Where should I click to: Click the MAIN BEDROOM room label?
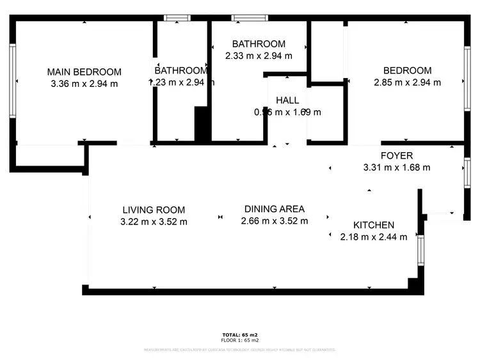click(x=84, y=71)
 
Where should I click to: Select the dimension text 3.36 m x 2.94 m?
click(x=84, y=83)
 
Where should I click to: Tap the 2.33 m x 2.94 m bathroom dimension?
click(x=259, y=56)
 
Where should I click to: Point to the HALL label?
click(x=287, y=100)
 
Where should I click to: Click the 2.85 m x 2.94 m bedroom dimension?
click(x=407, y=82)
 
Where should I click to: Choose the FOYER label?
click(x=397, y=155)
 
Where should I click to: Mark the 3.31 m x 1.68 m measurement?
click(x=397, y=168)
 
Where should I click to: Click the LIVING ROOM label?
click(x=154, y=210)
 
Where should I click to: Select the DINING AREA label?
click(x=275, y=209)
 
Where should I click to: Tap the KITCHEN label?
click(x=374, y=225)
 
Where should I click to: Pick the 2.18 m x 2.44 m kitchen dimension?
click(x=373, y=237)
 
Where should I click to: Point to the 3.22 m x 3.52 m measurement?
click(x=154, y=222)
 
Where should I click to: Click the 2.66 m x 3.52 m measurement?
click(x=275, y=221)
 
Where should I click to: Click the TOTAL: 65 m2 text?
click(x=240, y=335)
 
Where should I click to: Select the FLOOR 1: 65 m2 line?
click(x=240, y=341)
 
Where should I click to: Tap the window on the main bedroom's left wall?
click(x=12, y=81)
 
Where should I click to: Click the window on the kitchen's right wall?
click(x=420, y=250)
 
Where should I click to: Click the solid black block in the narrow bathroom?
click(x=202, y=125)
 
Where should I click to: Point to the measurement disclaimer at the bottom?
click(x=240, y=350)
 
